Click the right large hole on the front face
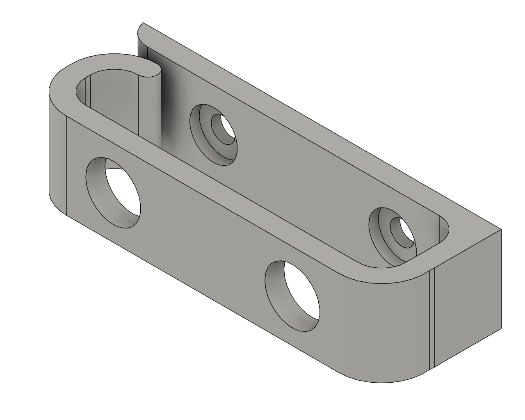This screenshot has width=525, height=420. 292,296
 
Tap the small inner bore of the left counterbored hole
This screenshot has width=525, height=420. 224,129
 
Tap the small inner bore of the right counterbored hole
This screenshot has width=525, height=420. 402,233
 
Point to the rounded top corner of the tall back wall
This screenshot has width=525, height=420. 142,29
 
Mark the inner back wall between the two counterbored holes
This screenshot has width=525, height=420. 295,172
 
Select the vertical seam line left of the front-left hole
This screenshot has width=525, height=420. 66,164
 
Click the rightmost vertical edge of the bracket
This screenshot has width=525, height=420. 501,279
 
